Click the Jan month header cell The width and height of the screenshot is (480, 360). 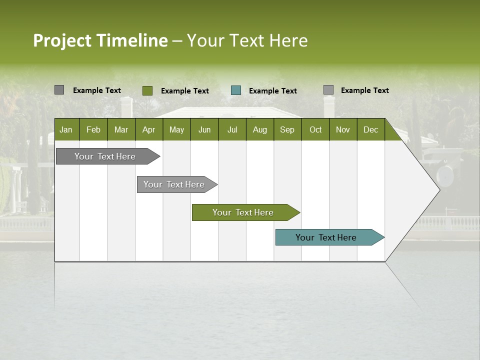point(66,129)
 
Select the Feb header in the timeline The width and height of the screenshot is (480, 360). point(93,129)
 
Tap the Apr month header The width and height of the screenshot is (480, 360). point(148,129)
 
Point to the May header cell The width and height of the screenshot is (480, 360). point(176,129)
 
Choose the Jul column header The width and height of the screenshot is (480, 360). point(232,129)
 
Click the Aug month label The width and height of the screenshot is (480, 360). point(259,129)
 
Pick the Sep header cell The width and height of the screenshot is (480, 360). point(287,129)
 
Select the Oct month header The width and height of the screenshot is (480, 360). point(315,129)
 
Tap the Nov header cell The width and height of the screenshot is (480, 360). point(342,129)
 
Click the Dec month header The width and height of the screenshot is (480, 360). point(370,129)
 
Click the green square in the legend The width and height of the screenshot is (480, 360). point(147,90)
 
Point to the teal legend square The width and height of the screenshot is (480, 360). point(236,90)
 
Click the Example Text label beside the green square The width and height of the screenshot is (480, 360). point(185,91)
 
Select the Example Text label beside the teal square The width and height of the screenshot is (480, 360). point(273,91)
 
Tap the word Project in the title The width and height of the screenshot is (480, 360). point(62,40)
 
